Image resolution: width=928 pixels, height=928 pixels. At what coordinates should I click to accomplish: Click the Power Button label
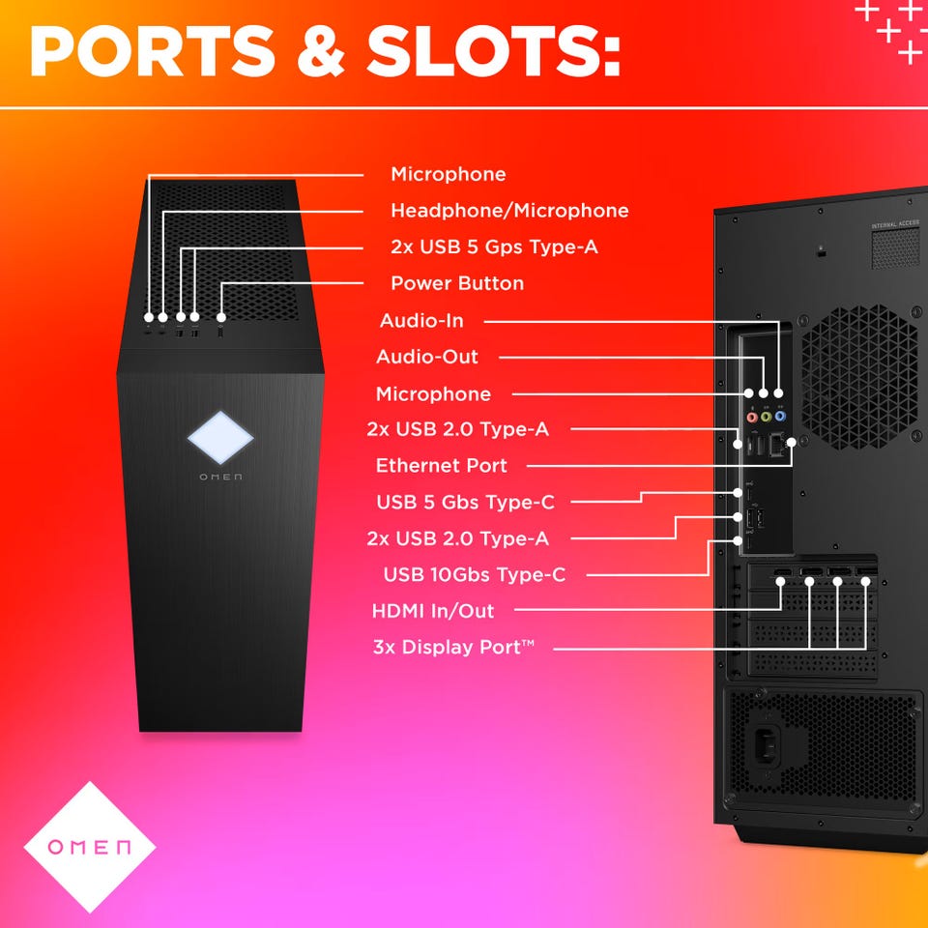457,283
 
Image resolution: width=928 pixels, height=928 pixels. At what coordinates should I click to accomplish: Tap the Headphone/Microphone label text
509,211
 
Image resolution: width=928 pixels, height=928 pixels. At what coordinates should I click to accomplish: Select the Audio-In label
421,321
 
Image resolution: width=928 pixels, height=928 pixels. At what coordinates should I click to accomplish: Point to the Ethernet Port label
442,466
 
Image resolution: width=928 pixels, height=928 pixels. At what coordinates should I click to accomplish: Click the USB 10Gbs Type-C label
475,575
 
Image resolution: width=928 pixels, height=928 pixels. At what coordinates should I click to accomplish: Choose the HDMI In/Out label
433,611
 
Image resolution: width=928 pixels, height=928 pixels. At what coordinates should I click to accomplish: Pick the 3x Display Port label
453,647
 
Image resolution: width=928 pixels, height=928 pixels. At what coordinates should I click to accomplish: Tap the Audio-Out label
427,358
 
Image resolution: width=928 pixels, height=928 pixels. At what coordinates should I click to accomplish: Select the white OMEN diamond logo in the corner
89,847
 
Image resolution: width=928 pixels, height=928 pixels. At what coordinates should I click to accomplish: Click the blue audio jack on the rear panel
781,418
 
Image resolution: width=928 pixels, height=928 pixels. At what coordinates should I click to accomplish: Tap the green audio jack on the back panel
766,418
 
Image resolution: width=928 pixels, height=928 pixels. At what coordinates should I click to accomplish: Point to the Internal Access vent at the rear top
895,248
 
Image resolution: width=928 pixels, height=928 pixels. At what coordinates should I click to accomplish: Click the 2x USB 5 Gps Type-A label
494,247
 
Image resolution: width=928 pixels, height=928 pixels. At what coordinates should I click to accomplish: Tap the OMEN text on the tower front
220,477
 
